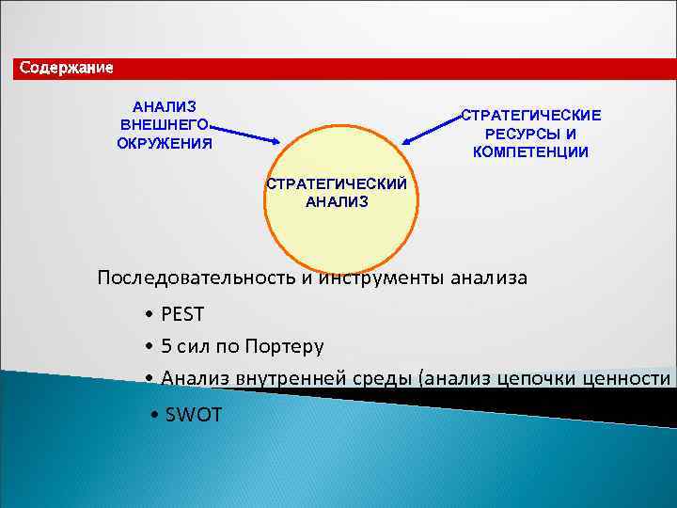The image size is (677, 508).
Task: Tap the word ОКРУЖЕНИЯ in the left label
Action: coord(164,144)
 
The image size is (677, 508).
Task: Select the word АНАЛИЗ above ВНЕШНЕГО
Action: coord(164,107)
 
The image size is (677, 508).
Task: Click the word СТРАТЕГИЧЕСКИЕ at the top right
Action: coord(530,115)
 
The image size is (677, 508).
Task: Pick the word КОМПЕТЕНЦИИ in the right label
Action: coord(530,151)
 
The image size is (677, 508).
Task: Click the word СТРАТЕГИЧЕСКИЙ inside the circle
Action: coord(337,183)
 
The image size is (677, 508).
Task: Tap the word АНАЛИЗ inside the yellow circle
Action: coord(337,201)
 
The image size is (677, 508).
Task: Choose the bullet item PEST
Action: coord(181,313)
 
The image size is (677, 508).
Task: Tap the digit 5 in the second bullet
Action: coord(166,346)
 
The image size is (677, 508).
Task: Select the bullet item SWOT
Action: coord(193,413)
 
